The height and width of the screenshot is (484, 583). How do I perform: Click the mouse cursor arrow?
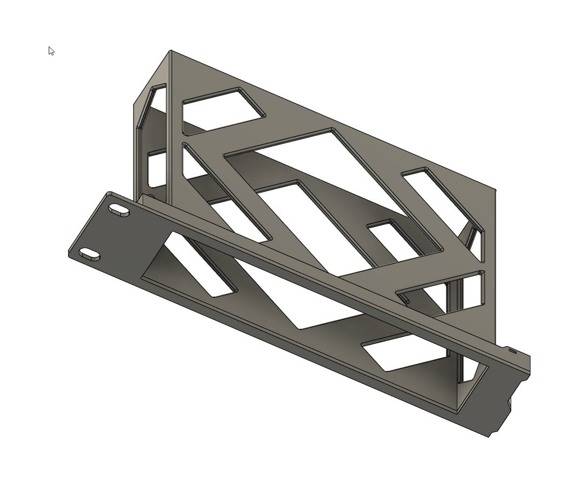51,51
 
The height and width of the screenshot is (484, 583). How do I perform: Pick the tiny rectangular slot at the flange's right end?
512,351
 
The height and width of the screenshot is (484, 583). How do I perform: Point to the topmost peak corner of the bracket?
171,51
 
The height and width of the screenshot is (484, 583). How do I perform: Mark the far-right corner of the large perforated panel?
495,190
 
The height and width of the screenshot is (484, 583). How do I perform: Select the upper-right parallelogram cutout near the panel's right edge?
443,200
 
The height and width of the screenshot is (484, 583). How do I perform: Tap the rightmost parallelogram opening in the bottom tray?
405,351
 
